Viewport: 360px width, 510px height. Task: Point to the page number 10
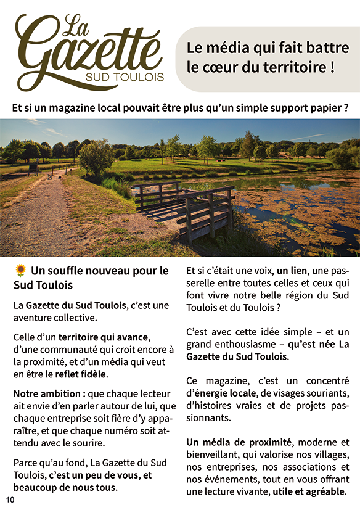click(x=10, y=499)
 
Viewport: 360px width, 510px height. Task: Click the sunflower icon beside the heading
click(x=21, y=270)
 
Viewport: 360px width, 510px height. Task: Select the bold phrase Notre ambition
click(x=44, y=393)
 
